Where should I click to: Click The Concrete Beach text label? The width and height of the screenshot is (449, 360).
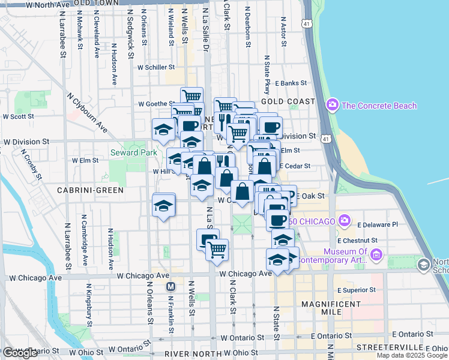coord(379,106)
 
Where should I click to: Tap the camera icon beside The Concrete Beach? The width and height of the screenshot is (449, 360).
coord(332,106)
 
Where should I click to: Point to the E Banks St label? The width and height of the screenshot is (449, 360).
coord(292,83)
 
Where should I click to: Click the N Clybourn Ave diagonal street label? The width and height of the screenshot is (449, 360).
coord(88,113)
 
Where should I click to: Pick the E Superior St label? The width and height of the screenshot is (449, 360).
coord(356,290)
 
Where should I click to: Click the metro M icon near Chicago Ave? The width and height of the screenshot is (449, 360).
coord(170,286)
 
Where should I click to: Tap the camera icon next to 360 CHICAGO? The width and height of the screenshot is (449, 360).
coord(345,221)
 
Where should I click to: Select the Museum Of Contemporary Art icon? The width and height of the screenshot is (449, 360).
coord(376,255)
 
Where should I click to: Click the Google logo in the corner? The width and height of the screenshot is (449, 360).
coord(20,353)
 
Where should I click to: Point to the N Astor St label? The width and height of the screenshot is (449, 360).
coord(283,31)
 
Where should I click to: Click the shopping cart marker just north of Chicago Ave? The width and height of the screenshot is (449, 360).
coord(217,248)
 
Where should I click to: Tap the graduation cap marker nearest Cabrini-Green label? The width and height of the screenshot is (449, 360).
coord(163,205)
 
